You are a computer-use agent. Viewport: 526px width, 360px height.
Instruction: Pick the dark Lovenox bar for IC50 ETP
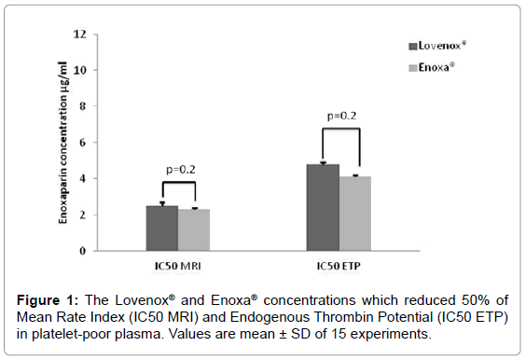click(x=323, y=208)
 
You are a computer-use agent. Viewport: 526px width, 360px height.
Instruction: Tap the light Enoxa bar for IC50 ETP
click(x=355, y=214)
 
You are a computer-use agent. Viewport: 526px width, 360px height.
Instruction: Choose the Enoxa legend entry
click(x=441, y=67)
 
